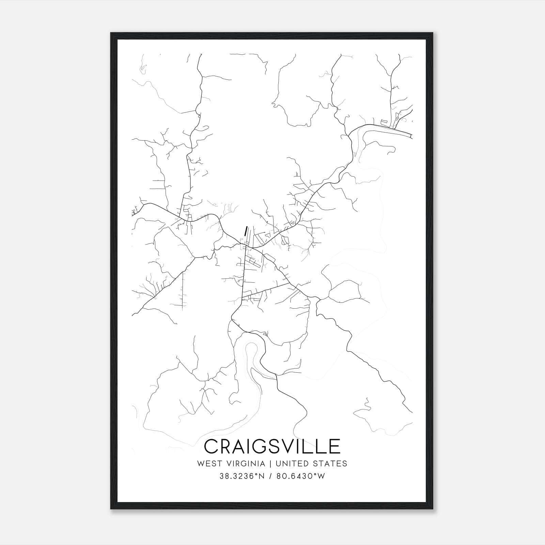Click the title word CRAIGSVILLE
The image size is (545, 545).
(x=272, y=446)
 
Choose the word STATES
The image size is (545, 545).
(x=331, y=464)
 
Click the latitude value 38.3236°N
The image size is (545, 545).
(x=242, y=476)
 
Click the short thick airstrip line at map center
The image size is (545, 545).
(x=245, y=232)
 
